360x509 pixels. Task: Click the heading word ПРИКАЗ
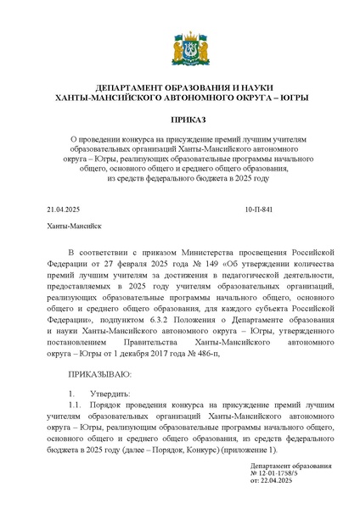[x=180, y=120]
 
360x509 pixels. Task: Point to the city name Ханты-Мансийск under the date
[x=74, y=227]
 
